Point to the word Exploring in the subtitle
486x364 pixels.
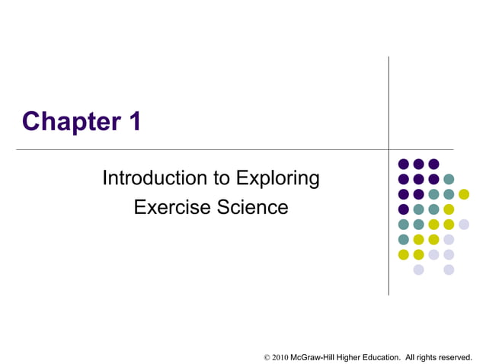278,179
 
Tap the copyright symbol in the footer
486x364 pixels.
267,356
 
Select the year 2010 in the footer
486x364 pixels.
280,356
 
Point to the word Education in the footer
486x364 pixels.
381,356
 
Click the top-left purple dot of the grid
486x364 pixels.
403,164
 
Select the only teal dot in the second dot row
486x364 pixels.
449,179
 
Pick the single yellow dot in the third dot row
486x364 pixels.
464,194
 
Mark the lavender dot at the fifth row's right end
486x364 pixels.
464,224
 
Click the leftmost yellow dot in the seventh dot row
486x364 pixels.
403,254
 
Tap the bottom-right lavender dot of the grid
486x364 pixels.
449,270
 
